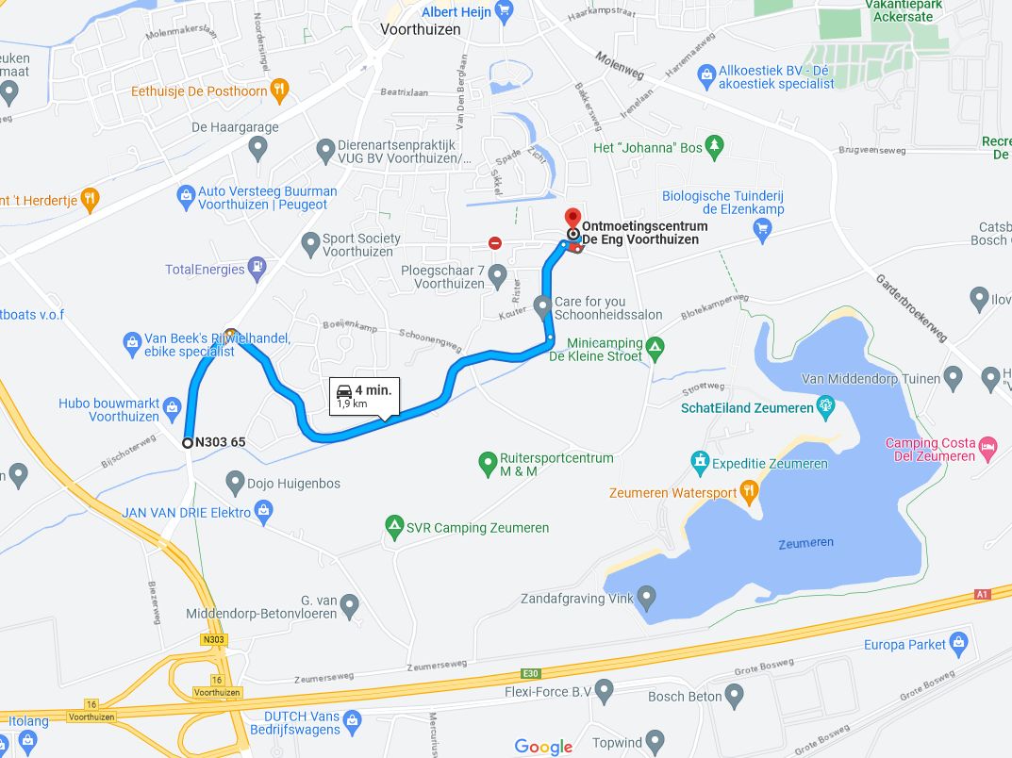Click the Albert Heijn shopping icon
pyautogui.click(x=504, y=11)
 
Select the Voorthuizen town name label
pyautogui.click(x=421, y=29)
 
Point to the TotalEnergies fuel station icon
pyautogui.click(x=257, y=269)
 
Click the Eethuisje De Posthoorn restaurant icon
pyautogui.click(x=278, y=91)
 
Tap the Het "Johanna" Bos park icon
pyautogui.click(x=715, y=146)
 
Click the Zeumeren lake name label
pyautogui.click(x=806, y=543)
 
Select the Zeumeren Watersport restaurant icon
pyautogui.click(x=748, y=490)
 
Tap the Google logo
pyautogui.click(x=544, y=747)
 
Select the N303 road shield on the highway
pyautogui.click(x=213, y=640)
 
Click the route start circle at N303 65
pyautogui.click(x=188, y=442)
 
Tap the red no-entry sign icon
pyautogui.click(x=495, y=243)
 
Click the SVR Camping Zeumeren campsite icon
pyautogui.click(x=394, y=527)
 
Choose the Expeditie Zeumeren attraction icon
pyautogui.click(x=700, y=463)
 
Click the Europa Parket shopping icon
pyautogui.click(x=960, y=645)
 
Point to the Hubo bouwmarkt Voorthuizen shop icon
pyautogui.click(x=172, y=408)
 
